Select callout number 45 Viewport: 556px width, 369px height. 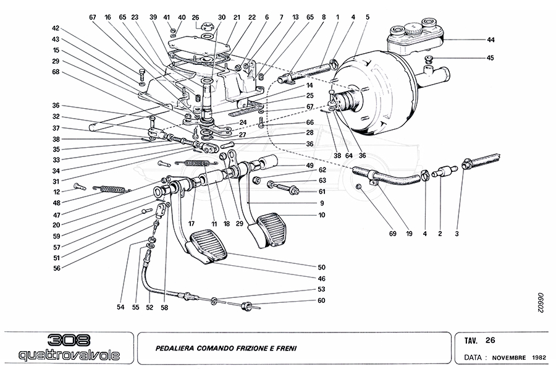point(490,59)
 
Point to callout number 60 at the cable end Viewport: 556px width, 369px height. point(321,300)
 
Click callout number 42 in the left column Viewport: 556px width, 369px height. point(56,28)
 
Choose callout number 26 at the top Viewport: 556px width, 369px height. point(196,17)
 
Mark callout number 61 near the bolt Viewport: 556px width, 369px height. point(321,192)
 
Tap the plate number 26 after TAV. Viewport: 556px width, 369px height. point(490,340)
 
